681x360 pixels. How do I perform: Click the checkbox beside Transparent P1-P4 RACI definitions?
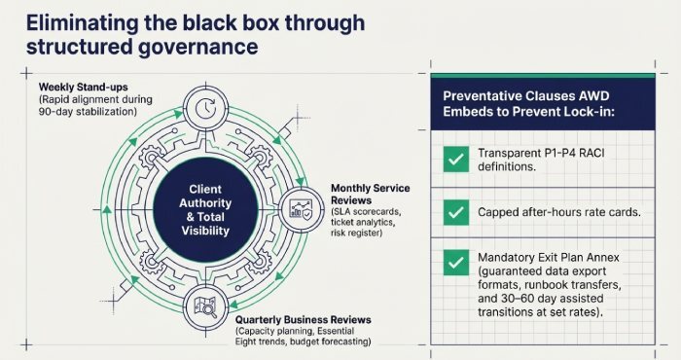tap(453, 161)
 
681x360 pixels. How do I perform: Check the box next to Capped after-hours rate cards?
tap(453, 211)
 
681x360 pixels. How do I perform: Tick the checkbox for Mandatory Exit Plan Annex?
tap(453, 263)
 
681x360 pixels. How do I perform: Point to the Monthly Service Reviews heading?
tap(383, 188)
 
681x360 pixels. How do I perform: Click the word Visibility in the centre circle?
tap(205, 232)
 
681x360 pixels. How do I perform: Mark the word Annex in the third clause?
tap(619, 256)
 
